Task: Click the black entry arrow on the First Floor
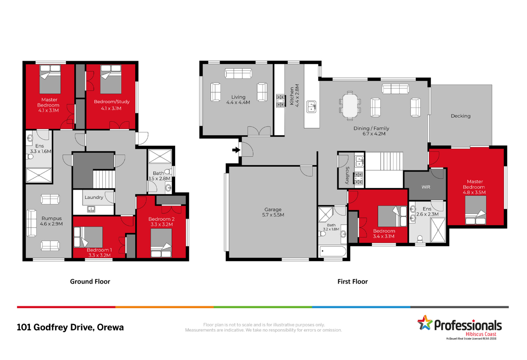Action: pyautogui.click(x=236, y=150)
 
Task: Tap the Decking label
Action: pyautogui.click(x=460, y=116)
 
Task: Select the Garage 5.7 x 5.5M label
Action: pyautogui.click(x=273, y=212)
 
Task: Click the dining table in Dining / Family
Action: pyautogui.click(x=350, y=105)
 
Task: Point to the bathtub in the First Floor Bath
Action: pyautogui.click(x=332, y=251)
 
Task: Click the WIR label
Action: pyautogui.click(x=426, y=187)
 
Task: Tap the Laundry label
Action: pyautogui.click(x=94, y=197)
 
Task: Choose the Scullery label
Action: pyautogui.click(x=347, y=175)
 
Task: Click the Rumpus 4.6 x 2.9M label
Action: pyautogui.click(x=51, y=221)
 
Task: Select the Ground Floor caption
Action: pyautogui.click(x=90, y=281)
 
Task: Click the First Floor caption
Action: pyautogui.click(x=352, y=281)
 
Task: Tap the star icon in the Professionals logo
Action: pyautogui.click(x=425, y=323)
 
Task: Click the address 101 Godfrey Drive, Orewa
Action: pyautogui.click(x=70, y=328)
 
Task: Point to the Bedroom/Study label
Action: pyautogui.click(x=112, y=101)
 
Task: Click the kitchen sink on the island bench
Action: pyautogui.click(x=311, y=107)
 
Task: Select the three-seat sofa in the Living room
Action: pyautogui.click(x=238, y=73)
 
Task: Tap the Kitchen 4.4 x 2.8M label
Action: pyautogui.click(x=294, y=95)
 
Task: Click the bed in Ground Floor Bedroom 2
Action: pyautogui.click(x=161, y=243)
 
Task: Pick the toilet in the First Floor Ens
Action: pyautogui.click(x=420, y=239)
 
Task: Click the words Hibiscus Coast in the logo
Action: pyautogui.click(x=481, y=334)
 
